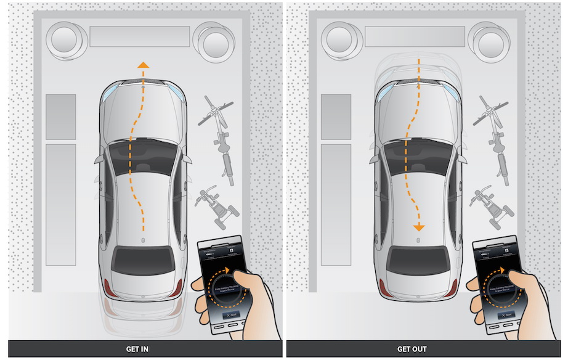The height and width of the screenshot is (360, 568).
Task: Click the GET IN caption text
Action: tap(137, 350)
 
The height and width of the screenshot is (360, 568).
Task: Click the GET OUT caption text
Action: tap(412, 350)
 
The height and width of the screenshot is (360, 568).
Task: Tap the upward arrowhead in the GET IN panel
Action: tap(142, 65)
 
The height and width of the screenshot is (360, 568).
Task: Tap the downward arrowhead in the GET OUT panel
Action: tap(418, 227)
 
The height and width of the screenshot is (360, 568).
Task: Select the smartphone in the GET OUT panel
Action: tap(496, 284)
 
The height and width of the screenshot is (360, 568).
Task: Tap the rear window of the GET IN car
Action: tap(142, 260)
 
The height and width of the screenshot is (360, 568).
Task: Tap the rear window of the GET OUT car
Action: tap(417, 260)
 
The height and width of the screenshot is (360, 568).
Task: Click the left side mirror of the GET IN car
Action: tap(99, 160)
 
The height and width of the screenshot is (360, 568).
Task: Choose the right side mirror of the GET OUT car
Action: tap(463, 160)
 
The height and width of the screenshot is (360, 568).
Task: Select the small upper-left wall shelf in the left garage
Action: tap(61, 117)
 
